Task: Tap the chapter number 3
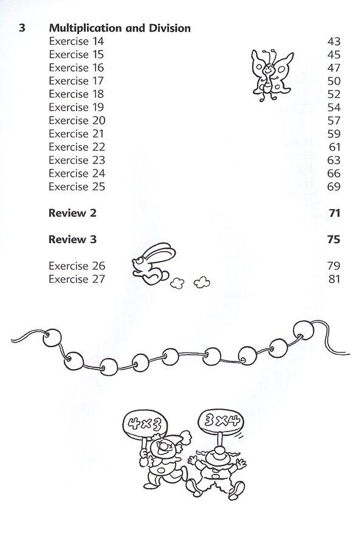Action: click(22, 29)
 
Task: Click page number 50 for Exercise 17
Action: click(333, 81)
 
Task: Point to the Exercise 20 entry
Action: click(77, 120)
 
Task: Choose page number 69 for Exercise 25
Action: click(333, 187)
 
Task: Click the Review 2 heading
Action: click(72, 213)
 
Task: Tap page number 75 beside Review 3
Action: click(333, 239)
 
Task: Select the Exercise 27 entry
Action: click(77, 280)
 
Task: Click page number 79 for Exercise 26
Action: click(333, 266)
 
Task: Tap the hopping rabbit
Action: click(148, 268)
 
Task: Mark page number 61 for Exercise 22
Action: click(333, 147)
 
